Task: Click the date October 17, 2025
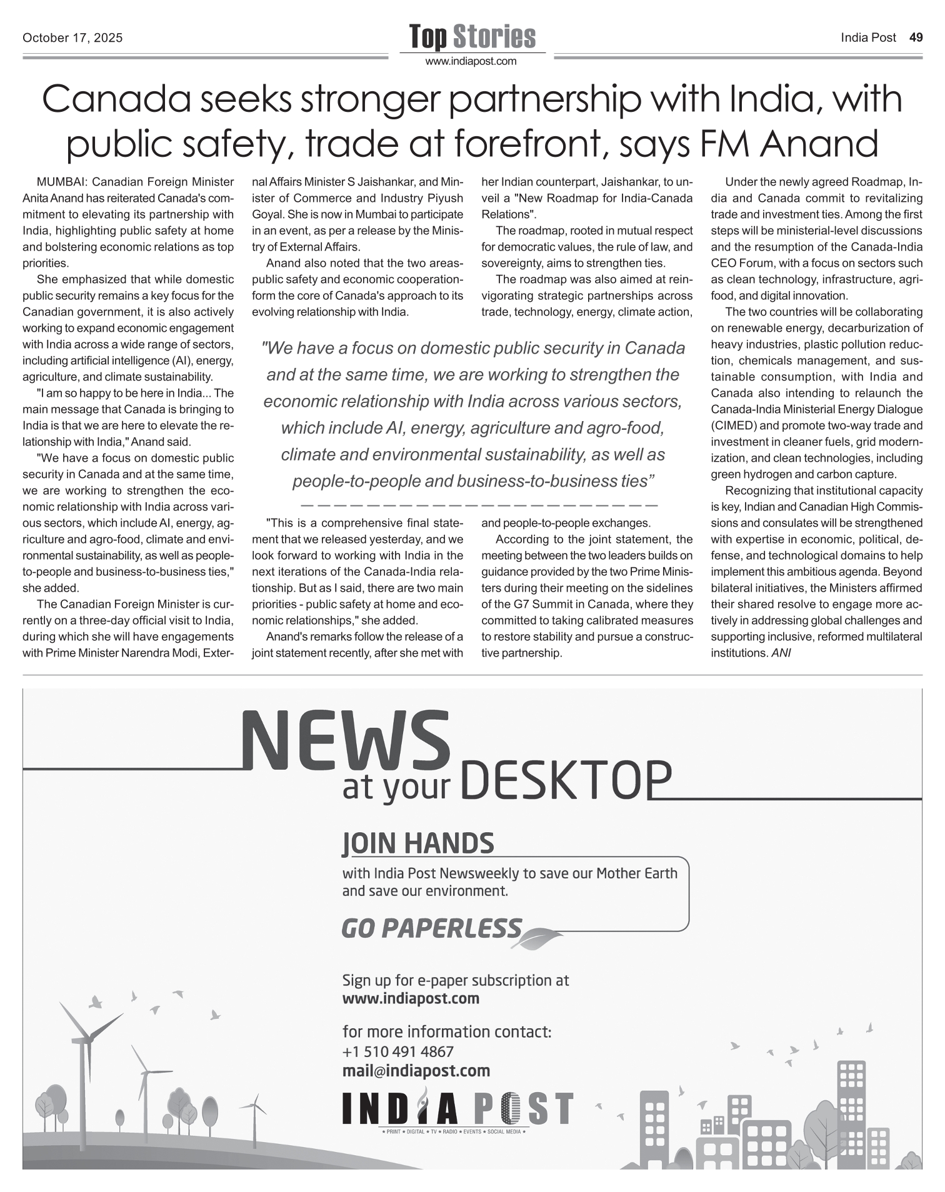point(72,38)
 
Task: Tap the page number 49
point(916,37)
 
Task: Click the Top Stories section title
point(472,37)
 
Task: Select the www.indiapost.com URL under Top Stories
point(471,61)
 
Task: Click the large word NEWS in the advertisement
point(346,742)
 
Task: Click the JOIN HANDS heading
point(418,843)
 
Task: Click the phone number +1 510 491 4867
point(398,1051)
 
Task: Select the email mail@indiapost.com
point(416,1071)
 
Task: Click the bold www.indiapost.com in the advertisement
point(411,998)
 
